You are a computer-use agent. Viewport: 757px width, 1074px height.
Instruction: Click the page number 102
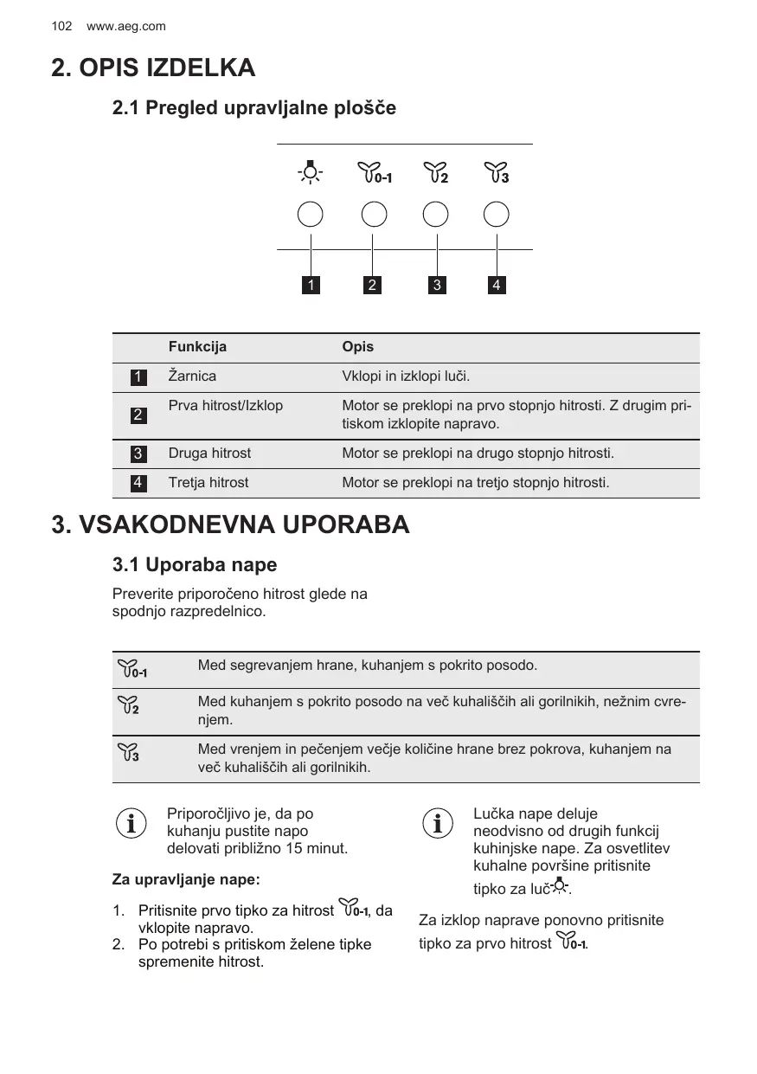(x=61, y=27)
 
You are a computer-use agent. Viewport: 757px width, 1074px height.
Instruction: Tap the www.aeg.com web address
(x=126, y=27)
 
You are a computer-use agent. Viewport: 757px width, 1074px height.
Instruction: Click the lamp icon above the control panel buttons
(x=310, y=173)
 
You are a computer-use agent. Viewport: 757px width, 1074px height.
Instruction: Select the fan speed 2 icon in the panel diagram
(x=436, y=173)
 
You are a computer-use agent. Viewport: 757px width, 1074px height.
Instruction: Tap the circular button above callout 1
(x=310, y=215)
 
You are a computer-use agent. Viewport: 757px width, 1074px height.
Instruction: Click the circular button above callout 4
(x=497, y=215)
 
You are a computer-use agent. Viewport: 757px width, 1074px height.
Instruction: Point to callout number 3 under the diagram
(x=438, y=285)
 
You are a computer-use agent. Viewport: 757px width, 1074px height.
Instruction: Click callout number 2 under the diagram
(x=372, y=285)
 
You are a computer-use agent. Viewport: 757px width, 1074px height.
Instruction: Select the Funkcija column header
(x=197, y=347)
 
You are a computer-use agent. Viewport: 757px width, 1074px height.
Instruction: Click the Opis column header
(x=358, y=347)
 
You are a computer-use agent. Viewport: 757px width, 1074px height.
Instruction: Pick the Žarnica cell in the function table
(x=192, y=376)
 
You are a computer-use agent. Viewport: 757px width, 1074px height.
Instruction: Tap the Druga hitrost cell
(x=209, y=453)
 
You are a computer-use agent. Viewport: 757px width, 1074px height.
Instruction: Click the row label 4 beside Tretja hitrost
(x=138, y=483)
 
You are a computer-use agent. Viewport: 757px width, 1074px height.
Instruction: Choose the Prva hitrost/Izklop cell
(x=225, y=406)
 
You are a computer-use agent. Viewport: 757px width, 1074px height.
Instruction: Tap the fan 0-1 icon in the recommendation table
(x=132, y=669)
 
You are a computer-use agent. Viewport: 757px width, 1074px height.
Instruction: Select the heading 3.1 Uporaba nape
(x=195, y=565)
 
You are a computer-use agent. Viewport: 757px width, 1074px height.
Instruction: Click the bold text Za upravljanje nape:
(x=186, y=880)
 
